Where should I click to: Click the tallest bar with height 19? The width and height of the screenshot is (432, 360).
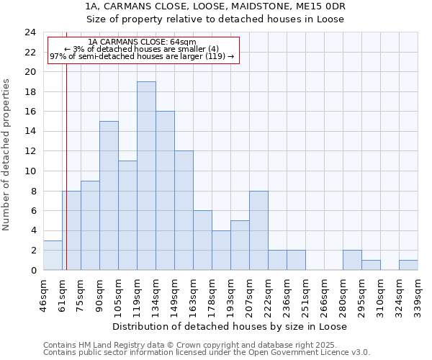click(146, 176)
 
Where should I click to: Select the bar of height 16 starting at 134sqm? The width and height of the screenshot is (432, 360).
click(165, 191)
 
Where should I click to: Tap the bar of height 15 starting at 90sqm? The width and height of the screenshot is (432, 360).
click(109, 196)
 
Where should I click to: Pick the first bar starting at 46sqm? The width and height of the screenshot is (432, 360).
click(53, 255)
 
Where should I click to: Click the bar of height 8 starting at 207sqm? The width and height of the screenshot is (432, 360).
click(258, 230)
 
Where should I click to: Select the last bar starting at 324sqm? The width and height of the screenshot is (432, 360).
click(408, 265)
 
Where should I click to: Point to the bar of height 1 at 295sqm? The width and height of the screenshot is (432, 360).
click(371, 265)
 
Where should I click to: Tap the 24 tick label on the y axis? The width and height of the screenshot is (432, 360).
click(30, 32)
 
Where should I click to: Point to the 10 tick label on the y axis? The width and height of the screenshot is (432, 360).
click(30, 171)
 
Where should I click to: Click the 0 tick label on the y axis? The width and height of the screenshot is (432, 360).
click(32, 271)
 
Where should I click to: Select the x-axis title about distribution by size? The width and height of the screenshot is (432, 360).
click(230, 326)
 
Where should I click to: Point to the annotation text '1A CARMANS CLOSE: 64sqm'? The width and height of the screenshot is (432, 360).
click(141, 42)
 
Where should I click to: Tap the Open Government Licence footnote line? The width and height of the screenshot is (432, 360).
click(207, 353)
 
